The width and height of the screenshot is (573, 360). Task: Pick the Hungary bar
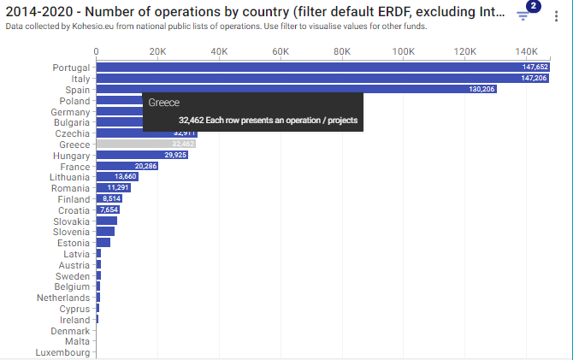tap(141, 155)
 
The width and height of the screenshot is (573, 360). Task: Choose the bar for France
tap(127, 166)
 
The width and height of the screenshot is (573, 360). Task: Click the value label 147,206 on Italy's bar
tap(535, 78)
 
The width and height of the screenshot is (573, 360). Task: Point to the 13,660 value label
tap(125, 177)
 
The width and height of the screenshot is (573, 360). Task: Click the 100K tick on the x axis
tap(404, 51)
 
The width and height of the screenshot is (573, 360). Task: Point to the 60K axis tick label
tap(281, 51)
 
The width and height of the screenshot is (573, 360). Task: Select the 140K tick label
tap(526, 51)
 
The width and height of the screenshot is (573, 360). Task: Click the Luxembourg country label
tap(62, 352)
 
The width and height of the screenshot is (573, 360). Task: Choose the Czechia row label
tap(73, 133)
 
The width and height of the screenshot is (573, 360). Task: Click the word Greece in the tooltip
tap(164, 102)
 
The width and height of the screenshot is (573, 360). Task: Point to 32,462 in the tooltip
tap(195, 121)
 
